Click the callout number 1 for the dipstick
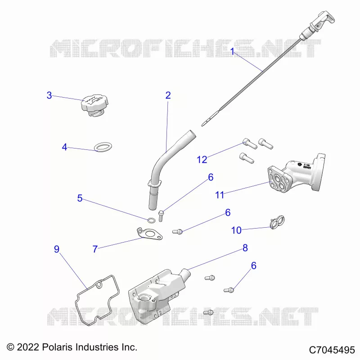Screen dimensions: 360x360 [232, 51]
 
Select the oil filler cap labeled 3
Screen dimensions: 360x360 [95, 105]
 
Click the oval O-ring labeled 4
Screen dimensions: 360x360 [103, 147]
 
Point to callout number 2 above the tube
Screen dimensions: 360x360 [168, 95]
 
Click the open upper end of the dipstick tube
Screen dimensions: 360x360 [191, 134]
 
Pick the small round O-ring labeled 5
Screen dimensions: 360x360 [151, 220]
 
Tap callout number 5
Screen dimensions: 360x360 [80, 198]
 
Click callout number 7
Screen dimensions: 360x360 [95, 249]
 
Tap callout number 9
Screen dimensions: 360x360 [57, 249]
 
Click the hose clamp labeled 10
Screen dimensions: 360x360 [277, 222]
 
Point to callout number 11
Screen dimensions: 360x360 [220, 195]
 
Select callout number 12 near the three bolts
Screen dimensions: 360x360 [202, 160]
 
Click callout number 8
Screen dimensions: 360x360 [245, 248]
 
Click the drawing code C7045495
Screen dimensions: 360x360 [332, 350]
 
